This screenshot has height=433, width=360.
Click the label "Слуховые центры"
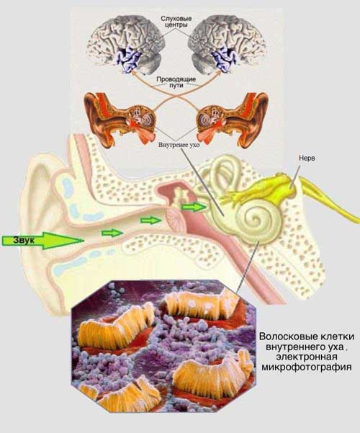pos(176,22)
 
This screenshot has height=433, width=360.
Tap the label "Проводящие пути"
pos(176,82)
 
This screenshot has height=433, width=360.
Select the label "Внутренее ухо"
pos(179,145)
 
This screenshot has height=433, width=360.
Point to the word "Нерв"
pos(307,159)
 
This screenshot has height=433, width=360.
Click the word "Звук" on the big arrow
pos(24,240)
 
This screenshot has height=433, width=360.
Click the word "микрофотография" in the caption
pos(307,367)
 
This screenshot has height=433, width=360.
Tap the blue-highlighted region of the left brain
pos(129,59)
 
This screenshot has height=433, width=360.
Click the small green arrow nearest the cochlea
pos(194,207)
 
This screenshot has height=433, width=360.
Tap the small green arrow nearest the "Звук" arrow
pos(112,233)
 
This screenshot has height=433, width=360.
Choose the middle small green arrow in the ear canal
pos(150,220)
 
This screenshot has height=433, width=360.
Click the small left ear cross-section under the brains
pos(120,117)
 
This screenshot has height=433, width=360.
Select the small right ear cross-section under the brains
pos(233,118)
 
